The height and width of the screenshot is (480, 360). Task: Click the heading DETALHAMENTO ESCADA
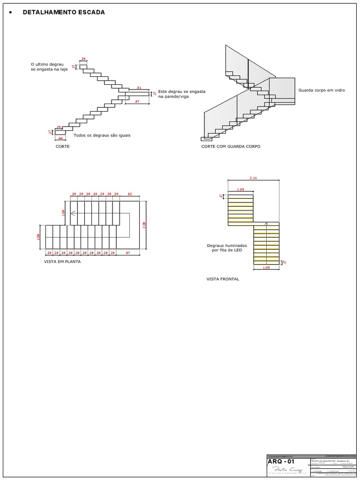[64, 12]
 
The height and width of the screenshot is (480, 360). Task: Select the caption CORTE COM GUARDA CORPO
[231, 147]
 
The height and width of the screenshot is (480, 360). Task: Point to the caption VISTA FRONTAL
[223, 279]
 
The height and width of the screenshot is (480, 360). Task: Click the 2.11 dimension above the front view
[254, 178]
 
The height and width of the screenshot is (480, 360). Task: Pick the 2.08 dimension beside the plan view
[144, 225]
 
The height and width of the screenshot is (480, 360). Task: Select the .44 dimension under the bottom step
[60, 138]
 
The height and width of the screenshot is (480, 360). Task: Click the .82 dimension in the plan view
[129, 194]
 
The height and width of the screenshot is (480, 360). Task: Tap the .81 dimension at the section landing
[139, 88]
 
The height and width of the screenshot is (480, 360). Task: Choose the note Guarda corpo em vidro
[322, 90]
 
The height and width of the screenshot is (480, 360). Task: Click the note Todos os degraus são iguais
[102, 135]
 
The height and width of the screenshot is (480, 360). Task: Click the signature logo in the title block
[282, 471]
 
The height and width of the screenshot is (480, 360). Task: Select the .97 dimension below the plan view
[128, 253]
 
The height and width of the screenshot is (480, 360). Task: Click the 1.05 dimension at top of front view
[240, 189]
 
